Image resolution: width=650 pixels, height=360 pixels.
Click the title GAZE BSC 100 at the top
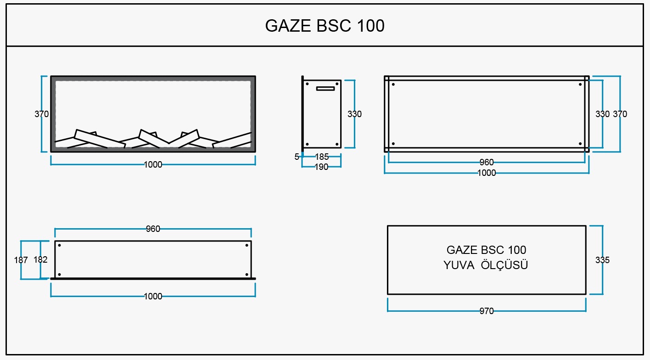[325, 26]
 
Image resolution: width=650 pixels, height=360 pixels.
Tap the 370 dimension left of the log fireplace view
[41, 114]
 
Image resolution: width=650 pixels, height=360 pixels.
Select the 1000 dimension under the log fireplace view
[153, 164]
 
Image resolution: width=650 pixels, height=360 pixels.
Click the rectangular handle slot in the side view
[325, 88]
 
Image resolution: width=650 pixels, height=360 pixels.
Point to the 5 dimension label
[297, 157]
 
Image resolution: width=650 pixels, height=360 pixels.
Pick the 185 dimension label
[322, 157]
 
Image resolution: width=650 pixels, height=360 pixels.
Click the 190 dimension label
[321, 167]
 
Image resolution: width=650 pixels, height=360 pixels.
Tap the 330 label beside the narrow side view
[354, 114]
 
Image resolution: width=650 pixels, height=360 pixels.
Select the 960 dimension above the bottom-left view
[153, 229]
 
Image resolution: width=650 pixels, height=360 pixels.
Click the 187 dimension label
[21, 260]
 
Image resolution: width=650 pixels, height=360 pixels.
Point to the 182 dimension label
[40, 259]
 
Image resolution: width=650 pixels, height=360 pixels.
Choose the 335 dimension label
[602, 260]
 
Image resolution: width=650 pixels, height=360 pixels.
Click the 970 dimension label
[487, 311]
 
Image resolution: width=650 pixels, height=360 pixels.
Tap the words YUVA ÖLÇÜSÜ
[486, 265]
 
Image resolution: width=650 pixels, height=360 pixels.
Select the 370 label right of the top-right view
[620, 114]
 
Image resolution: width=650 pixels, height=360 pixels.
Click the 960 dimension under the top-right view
[487, 162]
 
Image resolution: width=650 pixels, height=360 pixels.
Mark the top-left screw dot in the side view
[307, 84]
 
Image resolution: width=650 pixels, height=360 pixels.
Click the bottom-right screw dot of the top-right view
[580, 144]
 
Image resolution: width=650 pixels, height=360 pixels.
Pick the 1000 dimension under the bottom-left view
[153, 296]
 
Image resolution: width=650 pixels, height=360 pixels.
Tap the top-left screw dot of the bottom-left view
[60, 245]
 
